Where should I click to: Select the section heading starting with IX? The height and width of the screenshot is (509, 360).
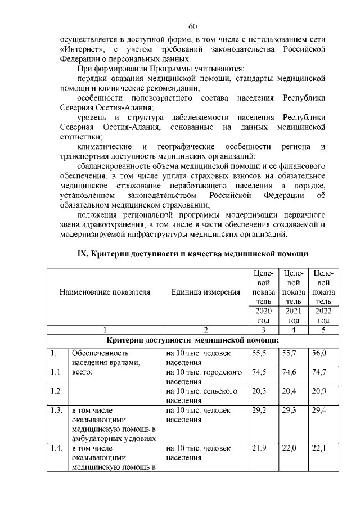[x=193, y=253]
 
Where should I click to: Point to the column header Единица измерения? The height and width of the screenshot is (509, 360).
[x=205, y=292]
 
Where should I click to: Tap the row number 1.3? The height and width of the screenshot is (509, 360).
[x=56, y=411]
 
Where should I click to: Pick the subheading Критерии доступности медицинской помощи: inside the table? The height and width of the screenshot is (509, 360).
[x=193, y=341]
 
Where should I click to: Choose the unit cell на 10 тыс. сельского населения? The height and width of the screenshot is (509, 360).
[x=202, y=395]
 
